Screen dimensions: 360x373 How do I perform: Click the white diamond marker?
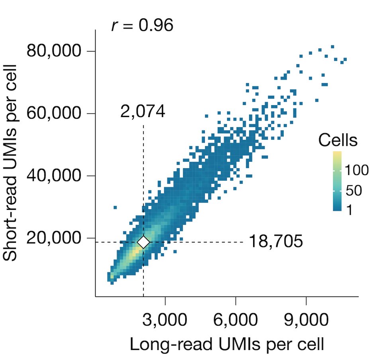click(143, 242)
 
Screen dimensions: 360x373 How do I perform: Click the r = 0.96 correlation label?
click(142, 26)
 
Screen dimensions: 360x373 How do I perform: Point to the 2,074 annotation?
click(143, 112)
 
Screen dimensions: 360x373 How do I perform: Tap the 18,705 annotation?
click(276, 242)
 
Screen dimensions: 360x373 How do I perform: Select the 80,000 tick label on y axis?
click(55, 51)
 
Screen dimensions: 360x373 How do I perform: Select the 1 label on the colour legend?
click(349, 211)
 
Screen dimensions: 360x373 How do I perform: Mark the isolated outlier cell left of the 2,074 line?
click(115, 207)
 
